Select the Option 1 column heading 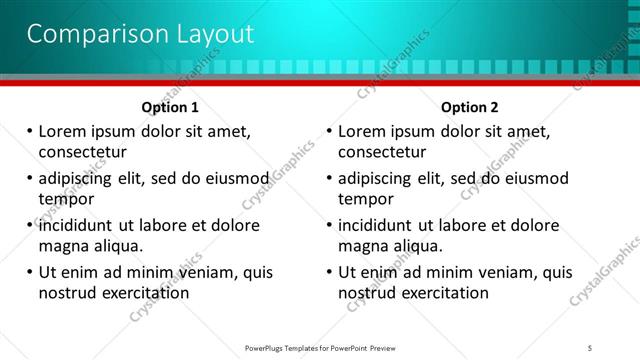click(x=170, y=107)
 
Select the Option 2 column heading click(x=469, y=107)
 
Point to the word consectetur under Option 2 click(x=382, y=152)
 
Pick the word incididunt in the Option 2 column click(x=380, y=226)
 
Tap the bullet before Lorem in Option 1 click(x=29, y=132)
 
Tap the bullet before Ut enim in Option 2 click(x=329, y=272)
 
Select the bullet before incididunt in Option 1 click(x=29, y=226)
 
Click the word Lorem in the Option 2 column click(x=362, y=132)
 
